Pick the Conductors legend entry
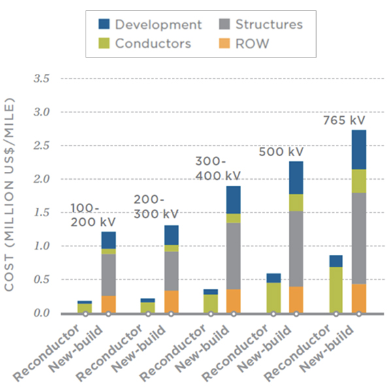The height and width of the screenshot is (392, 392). [153, 44]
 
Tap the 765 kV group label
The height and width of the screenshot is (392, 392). [344, 121]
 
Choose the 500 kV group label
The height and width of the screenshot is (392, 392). [282, 152]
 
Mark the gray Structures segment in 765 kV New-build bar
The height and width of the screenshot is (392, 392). [358, 238]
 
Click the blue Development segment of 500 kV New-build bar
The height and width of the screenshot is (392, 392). [296, 178]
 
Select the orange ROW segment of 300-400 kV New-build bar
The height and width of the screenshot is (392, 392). [233, 301]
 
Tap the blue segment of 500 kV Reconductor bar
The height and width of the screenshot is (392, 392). [273, 278]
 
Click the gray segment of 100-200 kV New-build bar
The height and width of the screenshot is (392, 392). [108, 275]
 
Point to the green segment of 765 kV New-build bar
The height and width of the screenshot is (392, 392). [358, 181]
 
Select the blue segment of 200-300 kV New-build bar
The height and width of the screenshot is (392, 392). [171, 235]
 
